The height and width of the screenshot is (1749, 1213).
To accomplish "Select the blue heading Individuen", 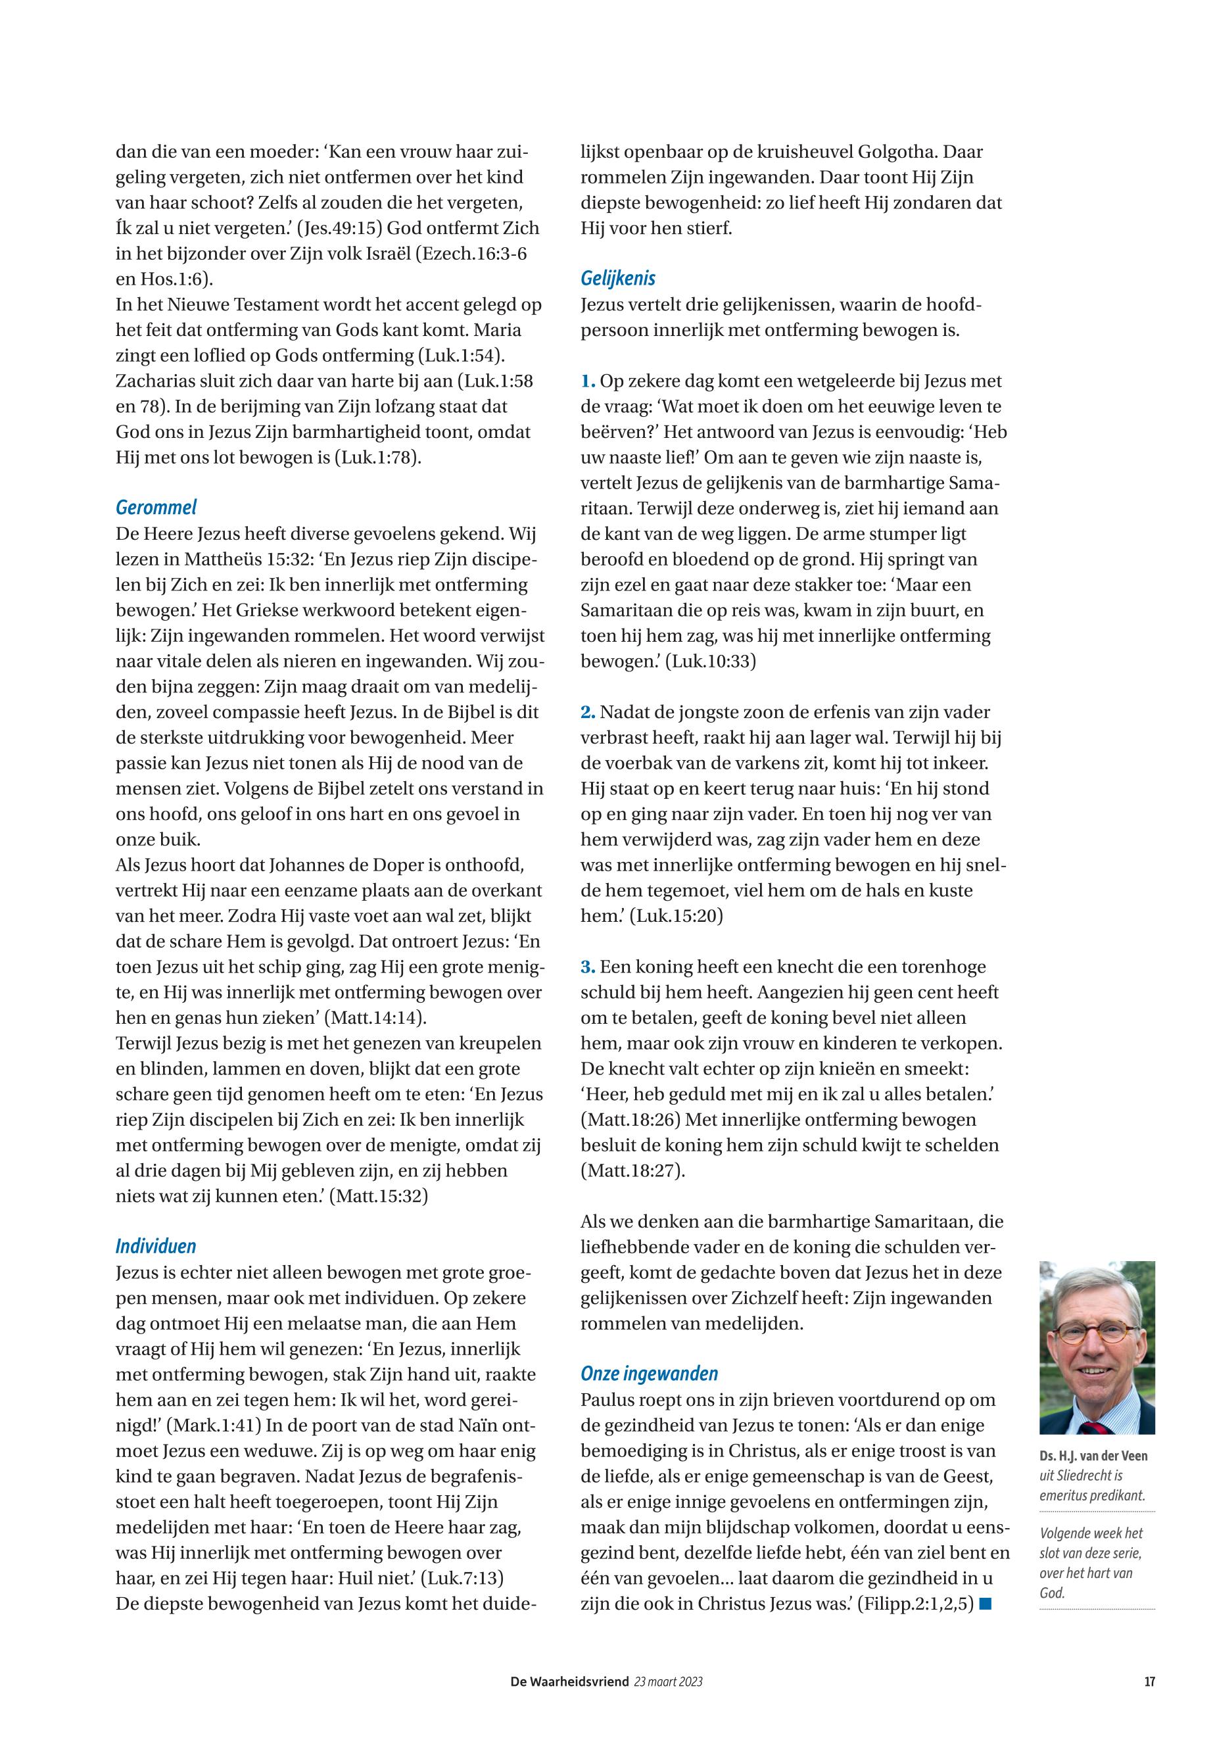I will tap(156, 1246).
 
